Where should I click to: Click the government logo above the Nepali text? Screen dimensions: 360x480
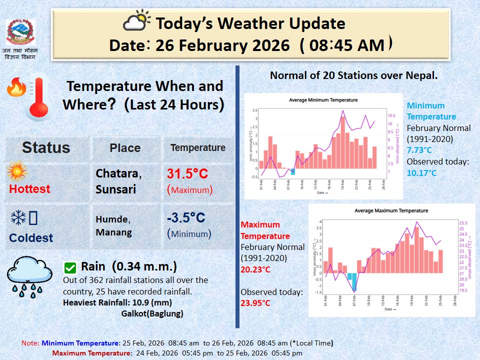point(20,32)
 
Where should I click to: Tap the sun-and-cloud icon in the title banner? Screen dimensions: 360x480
point(136,22)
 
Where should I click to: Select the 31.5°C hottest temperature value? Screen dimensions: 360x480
point(187,174)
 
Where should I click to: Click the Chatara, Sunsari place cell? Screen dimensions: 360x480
point(118,181)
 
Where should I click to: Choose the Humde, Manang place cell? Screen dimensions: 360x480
point(113,225)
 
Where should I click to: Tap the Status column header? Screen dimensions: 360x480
point(46,147)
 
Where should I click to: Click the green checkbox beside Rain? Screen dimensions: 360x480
point(70,267)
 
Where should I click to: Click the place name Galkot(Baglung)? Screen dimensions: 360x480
point(152,314)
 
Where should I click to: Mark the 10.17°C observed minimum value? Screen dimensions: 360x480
point(421,173)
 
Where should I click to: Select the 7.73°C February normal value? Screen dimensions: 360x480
point(419,150)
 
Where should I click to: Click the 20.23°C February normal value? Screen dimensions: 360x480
point(255,269)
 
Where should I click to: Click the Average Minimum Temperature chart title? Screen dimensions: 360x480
point(323,100)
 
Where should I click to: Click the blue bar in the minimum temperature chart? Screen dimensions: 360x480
point(293,171)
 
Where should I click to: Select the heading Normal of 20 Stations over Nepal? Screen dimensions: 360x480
point(353,75)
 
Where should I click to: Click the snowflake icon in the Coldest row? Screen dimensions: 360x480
point(18,217)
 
